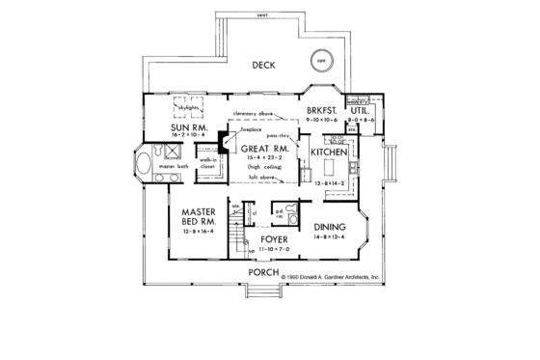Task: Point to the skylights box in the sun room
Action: [x=189, y=106]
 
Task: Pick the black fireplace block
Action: [x=223, y=146]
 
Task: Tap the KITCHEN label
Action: [x=330, y=153]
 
